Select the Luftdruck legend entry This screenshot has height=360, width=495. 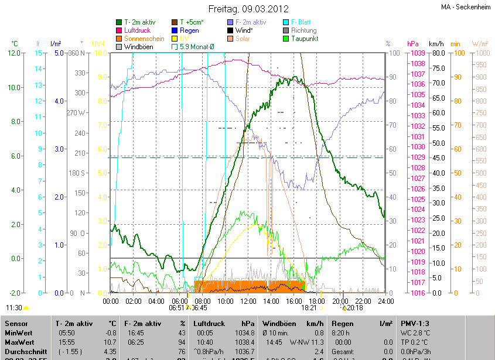[139, 30]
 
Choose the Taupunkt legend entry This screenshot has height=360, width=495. [305, 38]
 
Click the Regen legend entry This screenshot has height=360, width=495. [189, 30]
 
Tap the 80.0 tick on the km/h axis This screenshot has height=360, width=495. [436, 53]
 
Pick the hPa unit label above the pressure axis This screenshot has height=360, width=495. [412, 44]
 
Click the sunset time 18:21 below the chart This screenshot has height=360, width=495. [309, 307]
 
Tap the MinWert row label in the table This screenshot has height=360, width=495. [18, 332]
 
